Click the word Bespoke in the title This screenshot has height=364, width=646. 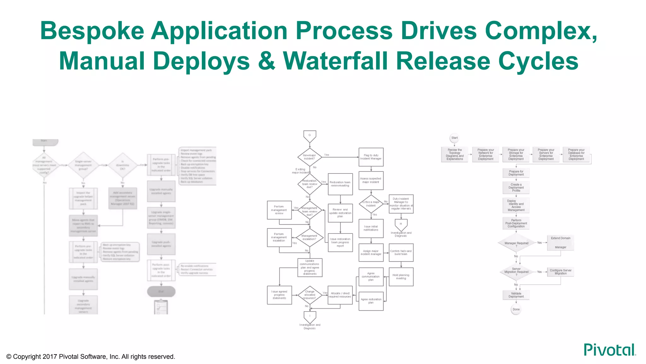(x=92, y=31)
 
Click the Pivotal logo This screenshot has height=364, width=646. (x=609, y=350)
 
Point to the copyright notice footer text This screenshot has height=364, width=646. (x=91, y=356)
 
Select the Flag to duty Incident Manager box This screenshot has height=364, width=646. (x=371, y=157)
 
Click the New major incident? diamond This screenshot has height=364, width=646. (x=309, y=157)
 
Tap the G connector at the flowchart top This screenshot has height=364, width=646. (x=309, y=136)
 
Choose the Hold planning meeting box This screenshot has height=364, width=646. (x=401, y=277)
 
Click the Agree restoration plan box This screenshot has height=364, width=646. (x=371, y=301)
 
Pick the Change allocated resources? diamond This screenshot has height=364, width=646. (x=309, y=295)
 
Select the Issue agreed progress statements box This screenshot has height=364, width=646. (x=279, y=295)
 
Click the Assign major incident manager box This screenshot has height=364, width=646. (x=371, y=252)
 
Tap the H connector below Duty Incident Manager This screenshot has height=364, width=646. (x=401, y=224)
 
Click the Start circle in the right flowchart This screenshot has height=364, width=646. (x=454, y=138)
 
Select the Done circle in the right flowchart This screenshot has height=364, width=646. (x=516, y=309)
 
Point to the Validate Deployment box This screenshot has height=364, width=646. (x=516, y=295)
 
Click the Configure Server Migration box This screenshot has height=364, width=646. (x=561, y=272)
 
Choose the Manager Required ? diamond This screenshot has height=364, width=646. (x=516, y=243)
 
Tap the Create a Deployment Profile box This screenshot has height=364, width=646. (x=516, y=187)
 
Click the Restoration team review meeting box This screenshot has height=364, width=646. (x=340, y=184)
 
